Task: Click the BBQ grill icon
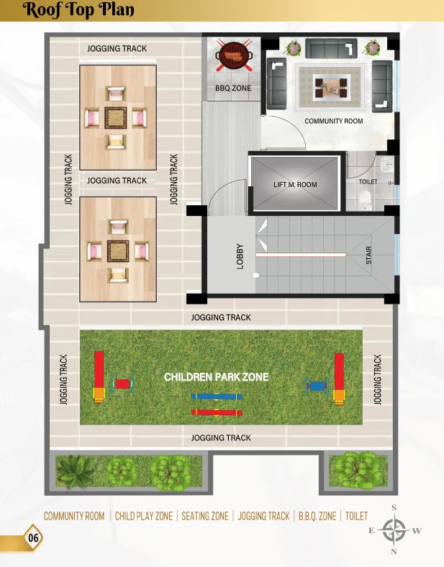click(234, 55)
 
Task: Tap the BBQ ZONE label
click(233, 88)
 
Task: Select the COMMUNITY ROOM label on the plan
click(334, 121)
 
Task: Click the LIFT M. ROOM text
click(295, 184)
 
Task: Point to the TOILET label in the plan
click(368, 181)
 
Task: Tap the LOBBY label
click(240, 256)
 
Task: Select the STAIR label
click(368, 255)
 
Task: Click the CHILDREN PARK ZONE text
click(216, 377)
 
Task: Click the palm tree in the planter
click(75, 471)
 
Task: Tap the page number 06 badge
click(33, 537)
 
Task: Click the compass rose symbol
click(394, 530)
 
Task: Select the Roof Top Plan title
click(78, 10)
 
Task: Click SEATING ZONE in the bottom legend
click(205, 516)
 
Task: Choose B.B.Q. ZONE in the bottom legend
click(317, 516)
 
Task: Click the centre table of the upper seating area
click(116, 117)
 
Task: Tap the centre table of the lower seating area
click(118, 251)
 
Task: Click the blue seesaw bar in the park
click(217, 396)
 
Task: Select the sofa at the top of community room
click(331, 48)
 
